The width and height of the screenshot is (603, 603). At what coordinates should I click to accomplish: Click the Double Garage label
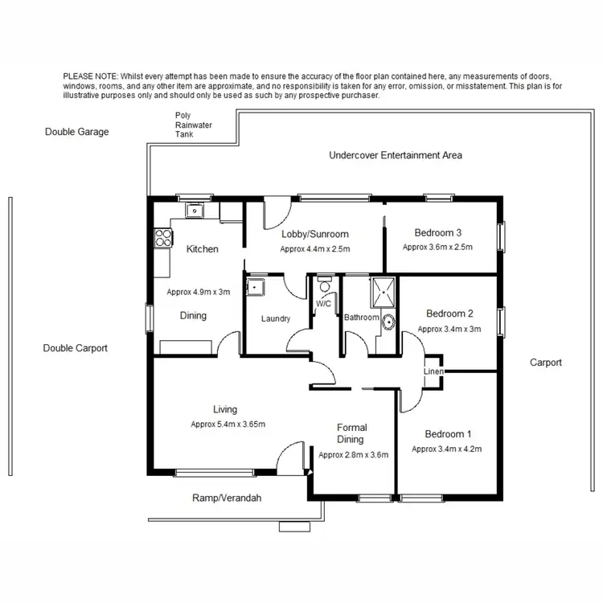[76, 132]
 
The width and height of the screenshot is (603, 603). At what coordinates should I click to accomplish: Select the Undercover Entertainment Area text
[396, 154]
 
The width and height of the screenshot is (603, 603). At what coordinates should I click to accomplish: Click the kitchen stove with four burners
[162, 238]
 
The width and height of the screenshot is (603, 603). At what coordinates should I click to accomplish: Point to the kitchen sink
[195, 211]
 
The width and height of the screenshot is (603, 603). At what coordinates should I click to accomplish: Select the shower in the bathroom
[379, 293]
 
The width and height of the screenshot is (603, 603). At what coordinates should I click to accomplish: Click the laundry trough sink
[255, 287]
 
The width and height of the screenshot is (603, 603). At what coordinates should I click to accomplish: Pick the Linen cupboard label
[433, 371]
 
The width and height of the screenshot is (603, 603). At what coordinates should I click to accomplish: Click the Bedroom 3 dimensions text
[437, 247]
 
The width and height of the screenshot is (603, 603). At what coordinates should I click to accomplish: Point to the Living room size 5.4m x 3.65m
[228, 424]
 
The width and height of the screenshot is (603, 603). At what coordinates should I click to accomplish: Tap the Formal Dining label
[351, 433]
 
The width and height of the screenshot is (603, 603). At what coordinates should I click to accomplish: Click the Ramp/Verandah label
[227, 498]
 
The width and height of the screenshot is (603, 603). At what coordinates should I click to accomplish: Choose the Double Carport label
[75, 348]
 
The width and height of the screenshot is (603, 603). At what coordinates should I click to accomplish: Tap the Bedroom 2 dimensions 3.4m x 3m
[449, 329]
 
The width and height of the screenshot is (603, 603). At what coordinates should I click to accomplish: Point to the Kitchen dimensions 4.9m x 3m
[198, 292]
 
